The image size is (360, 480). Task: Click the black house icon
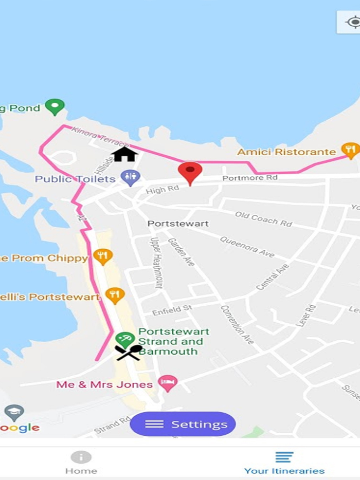click(x=124, y=154)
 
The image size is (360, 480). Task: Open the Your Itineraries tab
click(x=284, y=463)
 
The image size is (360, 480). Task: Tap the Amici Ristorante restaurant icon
click(x=350, y=151)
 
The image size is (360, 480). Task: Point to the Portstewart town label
click(x=178, y=224)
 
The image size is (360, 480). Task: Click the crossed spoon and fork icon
click(x=128, y=353)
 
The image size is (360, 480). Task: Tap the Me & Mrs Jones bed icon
click(x=168, y=383)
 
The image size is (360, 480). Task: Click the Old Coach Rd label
click(x=263, y=218)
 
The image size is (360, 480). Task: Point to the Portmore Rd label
click(x=249, y=178)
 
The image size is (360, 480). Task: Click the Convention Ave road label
click(x=237, y=324)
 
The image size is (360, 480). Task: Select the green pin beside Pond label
click(x=54, y=107)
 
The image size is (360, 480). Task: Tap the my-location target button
click(x=353, y=23)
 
